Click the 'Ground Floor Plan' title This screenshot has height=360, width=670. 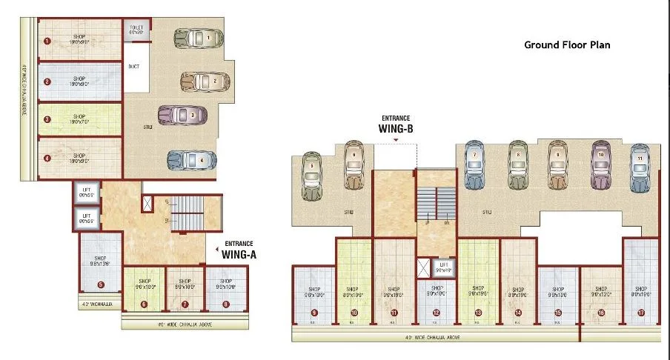click(566, 45)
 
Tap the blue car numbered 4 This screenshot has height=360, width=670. click(191, 159)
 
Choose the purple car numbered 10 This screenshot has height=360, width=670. click(600, 164)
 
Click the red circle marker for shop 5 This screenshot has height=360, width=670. click(101, 284)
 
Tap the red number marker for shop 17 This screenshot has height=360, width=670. click(641, 313)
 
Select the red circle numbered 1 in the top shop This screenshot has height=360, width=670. click(47, 41)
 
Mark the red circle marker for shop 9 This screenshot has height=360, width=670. click(314, 313)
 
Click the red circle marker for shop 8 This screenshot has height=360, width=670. click(226, 304)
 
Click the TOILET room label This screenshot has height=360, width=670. click(136, 30)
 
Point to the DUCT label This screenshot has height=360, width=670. click(133, 66)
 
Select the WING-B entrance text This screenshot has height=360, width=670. click(397, 127)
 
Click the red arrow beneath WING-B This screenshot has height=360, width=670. click(397, 139)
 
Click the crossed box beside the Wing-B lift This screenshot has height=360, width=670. click(423, 267)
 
